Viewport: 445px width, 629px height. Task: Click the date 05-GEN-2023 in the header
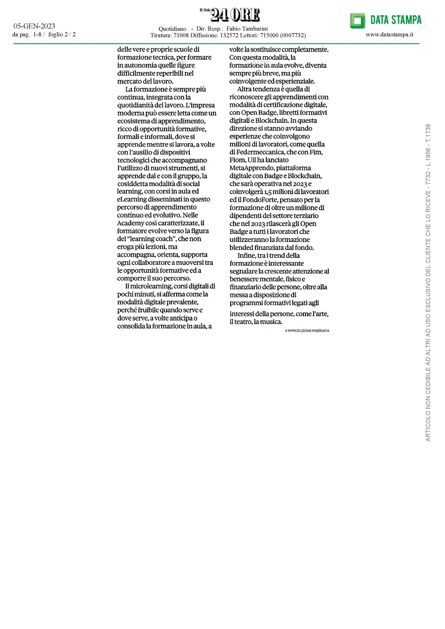[x=34, y=26]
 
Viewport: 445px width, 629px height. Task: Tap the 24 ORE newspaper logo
[x=235, y=15]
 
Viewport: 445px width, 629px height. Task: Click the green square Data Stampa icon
[x=357, y=21]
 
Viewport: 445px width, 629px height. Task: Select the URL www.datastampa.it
[x=389, y=34]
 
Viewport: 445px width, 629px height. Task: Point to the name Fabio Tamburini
[x=247, y=29]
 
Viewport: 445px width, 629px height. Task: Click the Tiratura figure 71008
[x=181, y=35]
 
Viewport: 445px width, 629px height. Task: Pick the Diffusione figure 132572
[x=229, y=35]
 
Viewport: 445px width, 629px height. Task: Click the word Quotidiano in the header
[x=172, y=29]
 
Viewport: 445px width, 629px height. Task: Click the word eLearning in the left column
[x=132, y=200]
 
